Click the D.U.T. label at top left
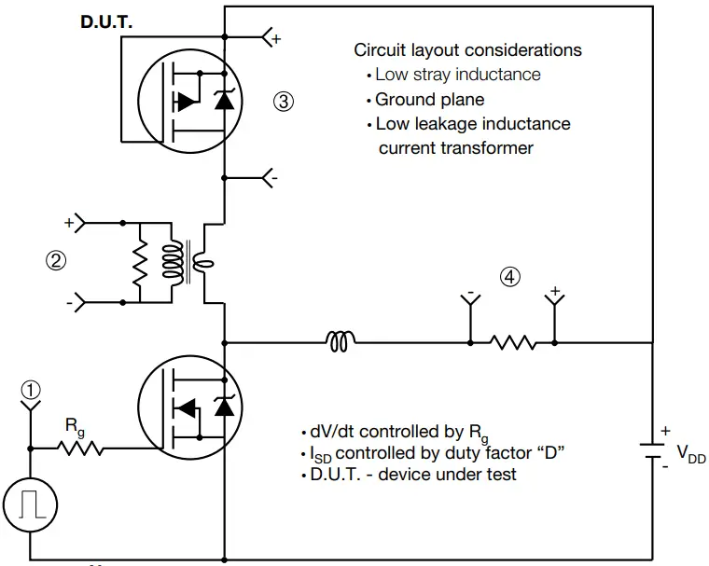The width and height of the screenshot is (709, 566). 106,21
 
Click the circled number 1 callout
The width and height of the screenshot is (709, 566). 31,391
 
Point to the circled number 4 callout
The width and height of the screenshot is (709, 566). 508,277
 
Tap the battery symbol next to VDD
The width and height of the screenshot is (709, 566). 650,452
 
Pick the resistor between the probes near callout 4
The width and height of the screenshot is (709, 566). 513,343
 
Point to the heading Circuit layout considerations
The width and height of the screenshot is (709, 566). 467,50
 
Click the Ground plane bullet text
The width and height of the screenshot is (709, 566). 429,99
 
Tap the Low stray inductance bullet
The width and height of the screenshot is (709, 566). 457,75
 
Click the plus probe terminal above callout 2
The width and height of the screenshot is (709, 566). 78,224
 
